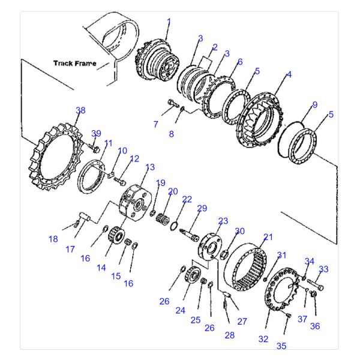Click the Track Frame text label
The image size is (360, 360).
pos(74,63)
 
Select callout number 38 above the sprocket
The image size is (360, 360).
pos(80,110)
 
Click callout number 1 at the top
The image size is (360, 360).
pos(169,22)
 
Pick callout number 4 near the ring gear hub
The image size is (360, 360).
pos(289,74)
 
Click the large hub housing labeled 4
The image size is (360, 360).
pos(260,121)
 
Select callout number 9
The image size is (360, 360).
pos(314,105)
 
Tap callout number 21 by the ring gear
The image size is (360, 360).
pos(268,237)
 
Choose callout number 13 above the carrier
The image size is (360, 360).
pos(150,167)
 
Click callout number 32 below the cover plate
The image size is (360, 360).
pos(263,339)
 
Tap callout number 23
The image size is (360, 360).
pos(223,221)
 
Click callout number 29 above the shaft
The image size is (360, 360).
pos(202,208)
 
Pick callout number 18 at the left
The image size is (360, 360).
pos(53,239)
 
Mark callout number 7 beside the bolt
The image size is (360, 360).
pos(155,124)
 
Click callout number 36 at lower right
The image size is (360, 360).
pos(315,326)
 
